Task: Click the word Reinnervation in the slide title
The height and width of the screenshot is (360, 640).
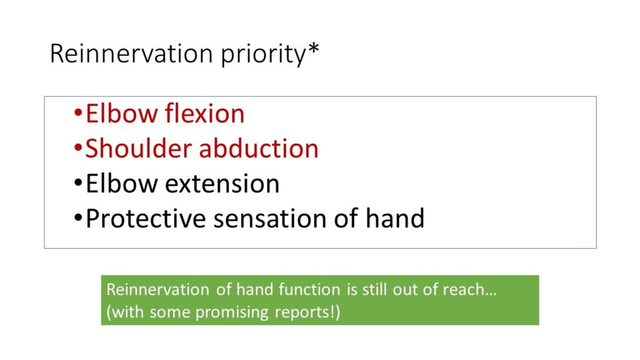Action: point(131,54)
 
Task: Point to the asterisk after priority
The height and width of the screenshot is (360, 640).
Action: point(314,49)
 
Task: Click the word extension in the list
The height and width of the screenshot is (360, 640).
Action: point(222,183)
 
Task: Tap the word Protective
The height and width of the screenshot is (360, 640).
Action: point(146,218)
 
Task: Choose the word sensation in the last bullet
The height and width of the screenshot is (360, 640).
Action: point(270,218)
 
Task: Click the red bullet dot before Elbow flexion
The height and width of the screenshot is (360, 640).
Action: point(78,112)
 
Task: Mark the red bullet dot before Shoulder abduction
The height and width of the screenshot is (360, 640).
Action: point(78,147)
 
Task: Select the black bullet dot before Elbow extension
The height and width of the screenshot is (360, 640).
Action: point(78,182)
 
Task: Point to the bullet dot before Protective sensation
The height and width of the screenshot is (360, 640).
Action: point(78,217)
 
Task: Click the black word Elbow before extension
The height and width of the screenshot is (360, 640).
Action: point(122,183)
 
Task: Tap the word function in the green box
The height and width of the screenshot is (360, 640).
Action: point(309,289)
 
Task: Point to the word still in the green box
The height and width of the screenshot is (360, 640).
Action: point(375,289)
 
